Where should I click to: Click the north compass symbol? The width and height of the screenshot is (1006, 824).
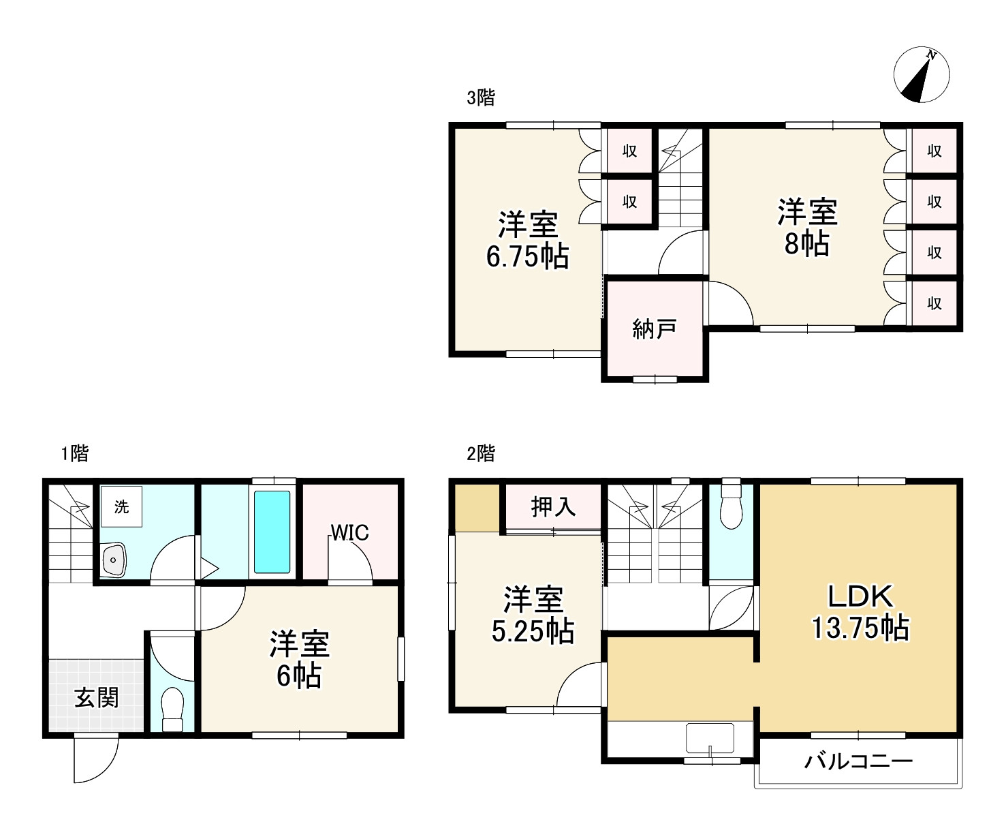pyautogui.click(x=921, y=74)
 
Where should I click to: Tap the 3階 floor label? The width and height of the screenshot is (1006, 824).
pyautogui.click(x=481, y=97)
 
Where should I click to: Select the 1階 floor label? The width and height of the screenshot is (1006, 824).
pyautogui.click(x=75, y=453)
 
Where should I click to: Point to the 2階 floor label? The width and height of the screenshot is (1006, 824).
pyautogui.click(x=481, y=453)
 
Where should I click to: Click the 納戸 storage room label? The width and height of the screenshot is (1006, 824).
pyautogui.click(x=654, y=329)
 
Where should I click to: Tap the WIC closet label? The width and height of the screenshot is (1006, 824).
pyautogui.click(x=349, y=533)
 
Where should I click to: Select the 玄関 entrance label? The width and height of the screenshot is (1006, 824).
pyautogui.click(x=96, y=699)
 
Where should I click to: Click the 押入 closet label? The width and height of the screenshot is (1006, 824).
pyautogui.click(x=553, y=507)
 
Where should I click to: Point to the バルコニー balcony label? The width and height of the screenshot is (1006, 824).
pyautogui.click(x=858, y=761)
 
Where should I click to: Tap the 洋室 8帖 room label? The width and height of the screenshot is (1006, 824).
pyautogui.click(x=807, y=228)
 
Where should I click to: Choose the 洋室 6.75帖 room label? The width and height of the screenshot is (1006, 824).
pyautogui.click(x=528, y=240)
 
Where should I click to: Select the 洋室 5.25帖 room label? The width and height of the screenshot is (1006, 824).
pyautogui.click(x=533, y=615)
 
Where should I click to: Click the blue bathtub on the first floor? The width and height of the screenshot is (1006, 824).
pyautogui.click(x=272, y=532)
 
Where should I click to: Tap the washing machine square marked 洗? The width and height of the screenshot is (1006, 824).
pyautogui.click(x=121, y=506)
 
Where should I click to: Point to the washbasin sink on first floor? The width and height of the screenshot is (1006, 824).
pyautogui.click(x=113, y=560)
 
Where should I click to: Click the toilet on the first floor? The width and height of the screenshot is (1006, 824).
pyautogui.click(x=172, y=709)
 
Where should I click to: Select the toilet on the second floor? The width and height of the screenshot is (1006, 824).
pyautogui.click(x=731, y=507)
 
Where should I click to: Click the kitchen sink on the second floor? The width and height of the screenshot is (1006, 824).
pyautogui.click(x=710, y=738)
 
